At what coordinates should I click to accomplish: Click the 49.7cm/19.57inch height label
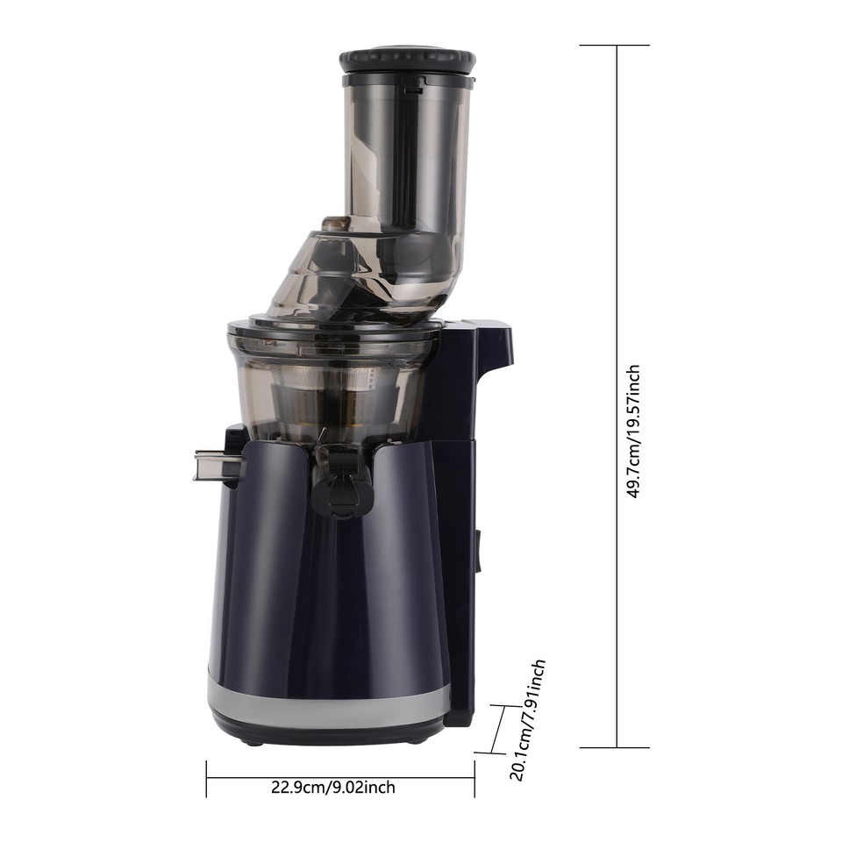634,431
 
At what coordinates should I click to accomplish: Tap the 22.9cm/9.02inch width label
333,787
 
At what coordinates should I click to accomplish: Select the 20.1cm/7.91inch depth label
528,720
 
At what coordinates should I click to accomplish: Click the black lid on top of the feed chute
408,60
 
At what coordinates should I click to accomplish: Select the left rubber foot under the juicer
253,742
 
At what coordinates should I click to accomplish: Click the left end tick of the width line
207,778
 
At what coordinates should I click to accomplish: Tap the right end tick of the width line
475,778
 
